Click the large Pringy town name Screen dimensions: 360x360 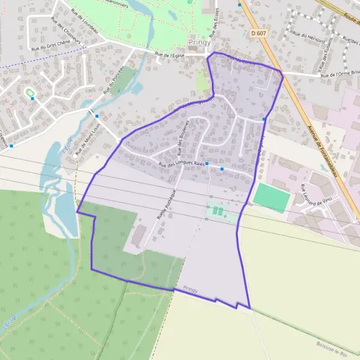pyautogui.click(x=200, y=43)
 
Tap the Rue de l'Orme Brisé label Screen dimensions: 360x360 pyautogui.click(x=339, y=75)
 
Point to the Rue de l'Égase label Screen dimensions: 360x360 pyautogui.click(x=169, y=55)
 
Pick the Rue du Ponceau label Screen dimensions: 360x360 pyautogui.click(x=115, y=80)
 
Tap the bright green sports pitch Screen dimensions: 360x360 pyautogui.click(x=272, y=197)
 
